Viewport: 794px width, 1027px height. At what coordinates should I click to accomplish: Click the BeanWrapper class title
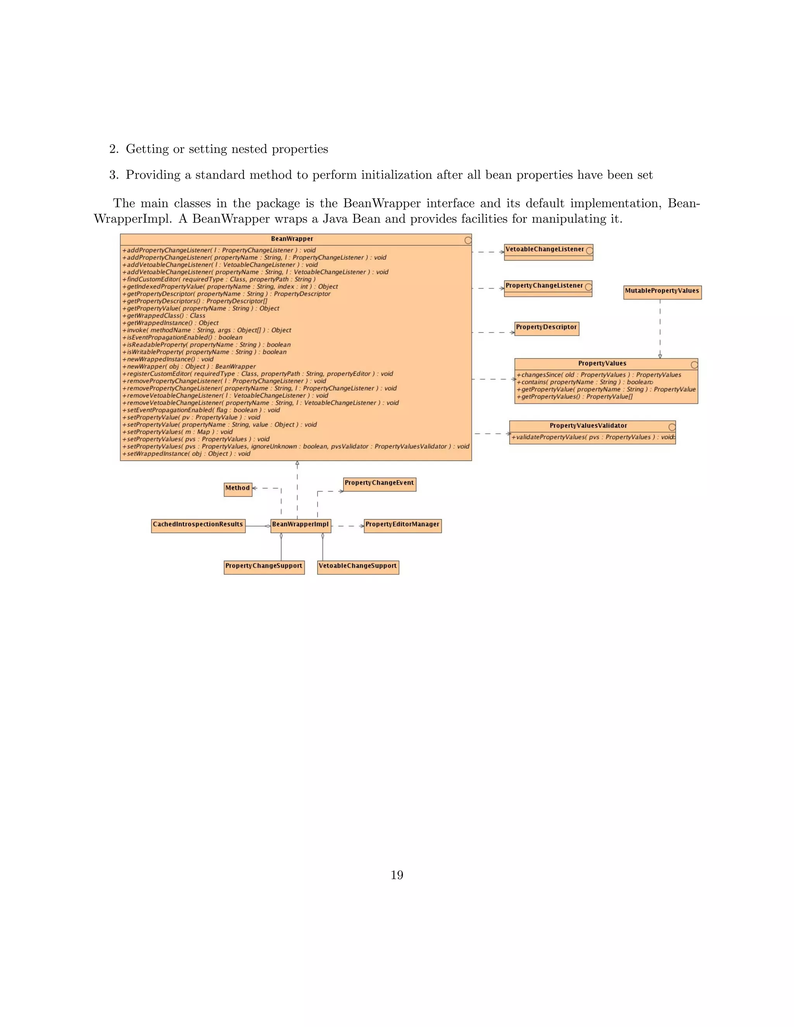(x=292, y=239)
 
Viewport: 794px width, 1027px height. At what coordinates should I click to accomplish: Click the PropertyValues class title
(x=602, y=364)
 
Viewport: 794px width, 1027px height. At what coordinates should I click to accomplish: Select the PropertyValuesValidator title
(x=588, y=426)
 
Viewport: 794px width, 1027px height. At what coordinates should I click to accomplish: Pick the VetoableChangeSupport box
(x=357, y=567)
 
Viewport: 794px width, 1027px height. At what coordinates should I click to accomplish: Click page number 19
(x=397, y=875)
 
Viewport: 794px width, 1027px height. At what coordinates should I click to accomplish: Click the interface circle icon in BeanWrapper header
(x=468, y=240)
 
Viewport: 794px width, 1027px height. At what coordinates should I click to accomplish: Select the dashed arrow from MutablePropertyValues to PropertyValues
(x=660, y=329)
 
